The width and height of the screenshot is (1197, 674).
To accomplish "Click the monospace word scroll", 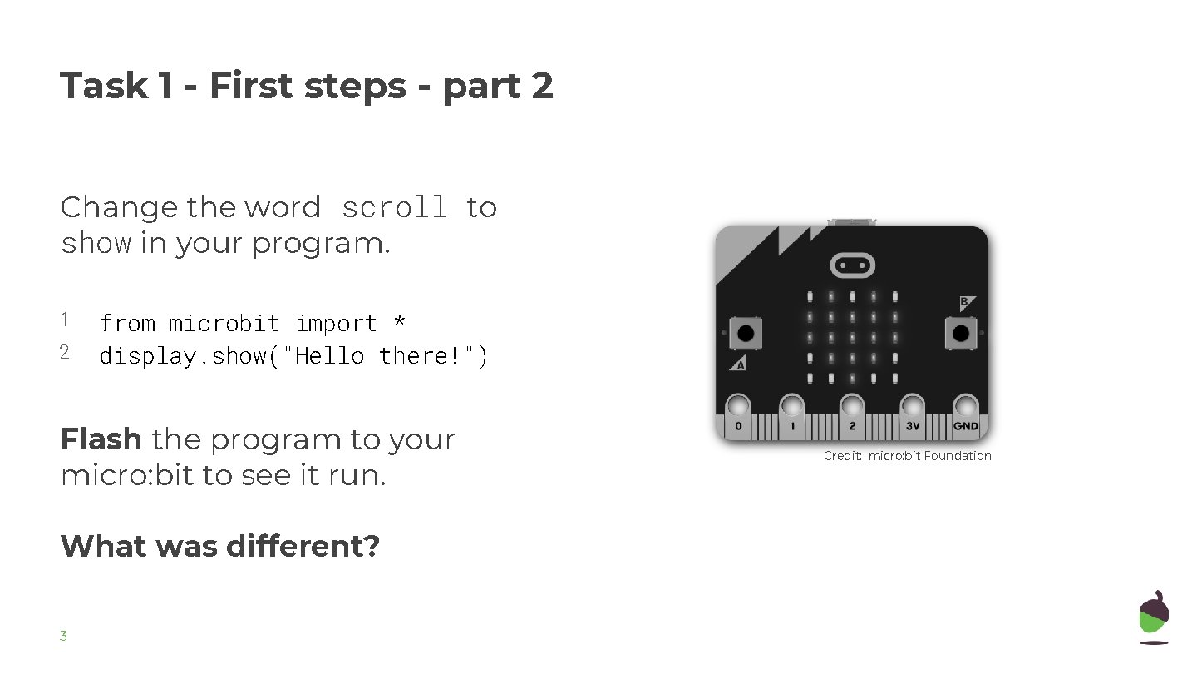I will pyautogui.click(x=394, y=208).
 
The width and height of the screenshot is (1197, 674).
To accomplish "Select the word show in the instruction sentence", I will pyautogui.click(x=96, y=244).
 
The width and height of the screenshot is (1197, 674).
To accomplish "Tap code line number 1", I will pyautogui.click(x=64, y=320).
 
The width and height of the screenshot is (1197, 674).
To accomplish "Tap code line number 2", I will pyautogui.click(x=64, y=352).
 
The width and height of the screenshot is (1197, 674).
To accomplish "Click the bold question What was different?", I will pyautogui.click(x=219, y=547).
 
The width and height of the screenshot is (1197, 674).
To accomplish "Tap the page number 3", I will pyautogui.click(x=63, y=637).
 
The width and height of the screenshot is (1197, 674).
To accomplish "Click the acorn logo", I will pyautogui.click(x=1154, y=617).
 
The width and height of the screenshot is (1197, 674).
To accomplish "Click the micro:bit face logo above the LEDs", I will pyautogui.click(x=852, y=265).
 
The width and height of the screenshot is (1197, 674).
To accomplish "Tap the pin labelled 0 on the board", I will pyautogui.click(x=738, y=408).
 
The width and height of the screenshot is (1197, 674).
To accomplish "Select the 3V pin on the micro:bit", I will pyautogui.click(x=912, y=408).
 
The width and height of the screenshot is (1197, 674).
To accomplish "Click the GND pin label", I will pyautogui.click(x=966, y=426).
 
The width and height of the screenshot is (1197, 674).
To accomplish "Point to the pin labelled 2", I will pyautogui.click(x=852, y=408).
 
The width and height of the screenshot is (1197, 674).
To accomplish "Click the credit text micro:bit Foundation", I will pyautogui.click(x=929, y=456).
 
